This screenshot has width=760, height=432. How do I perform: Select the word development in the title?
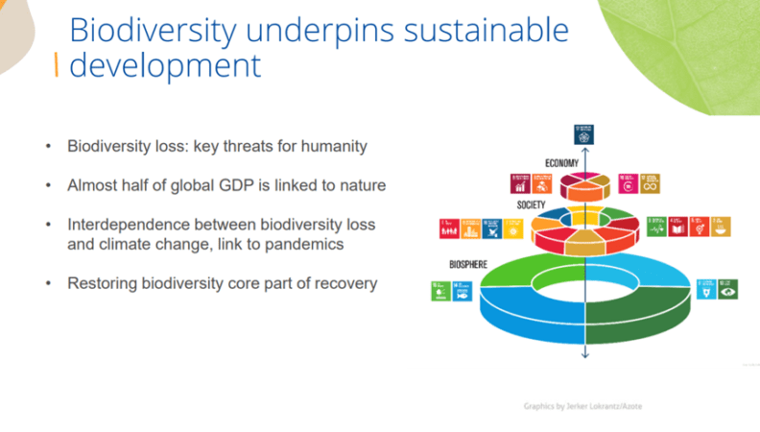pyautogui.click(x=165, y=65)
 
